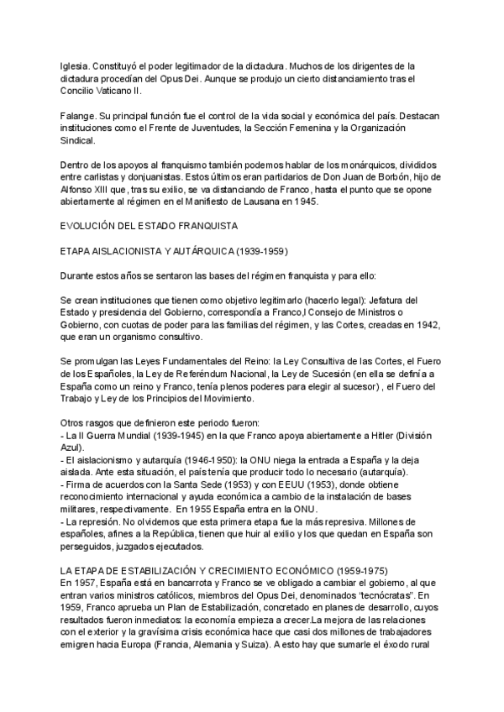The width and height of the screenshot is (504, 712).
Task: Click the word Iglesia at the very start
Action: (x=74, y=65)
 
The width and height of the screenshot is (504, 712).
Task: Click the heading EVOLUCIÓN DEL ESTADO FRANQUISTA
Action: (x=150, y=227)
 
